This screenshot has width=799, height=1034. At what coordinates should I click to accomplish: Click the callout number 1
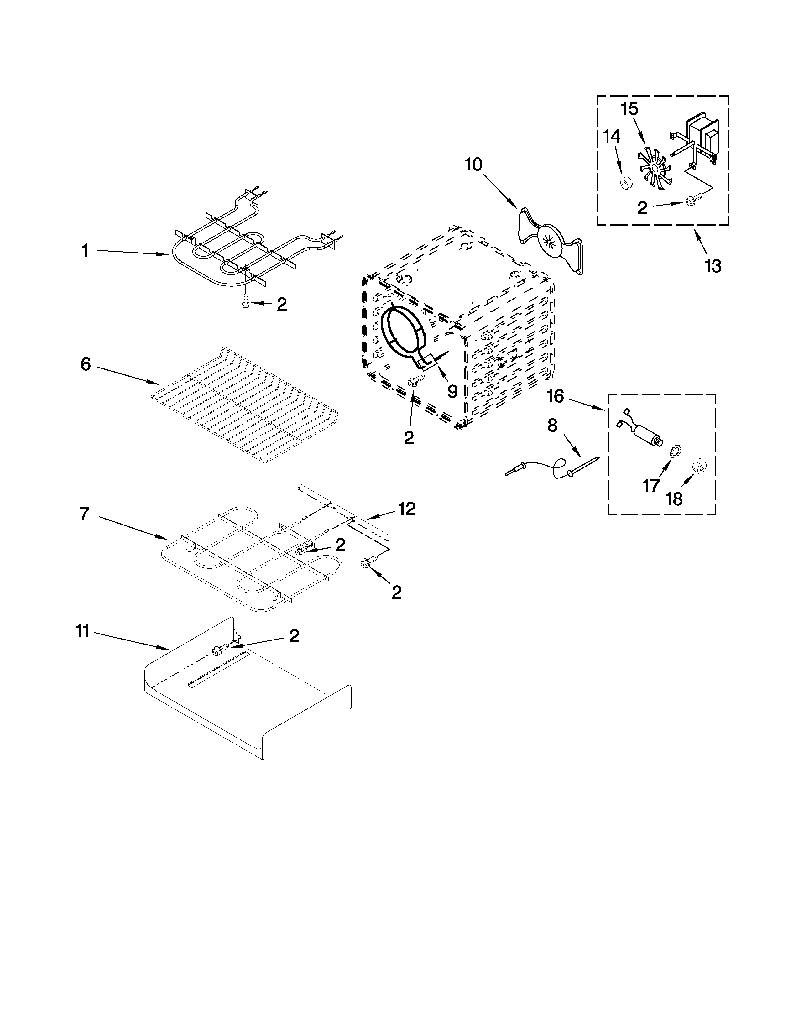pos(85,250)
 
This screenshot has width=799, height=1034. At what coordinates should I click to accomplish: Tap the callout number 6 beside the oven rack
pos(85,364)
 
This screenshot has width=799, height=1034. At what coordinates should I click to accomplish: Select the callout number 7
pos(84,514)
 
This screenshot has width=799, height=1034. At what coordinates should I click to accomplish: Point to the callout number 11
pos(83,631)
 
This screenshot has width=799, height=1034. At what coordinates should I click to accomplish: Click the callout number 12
pos(407,509)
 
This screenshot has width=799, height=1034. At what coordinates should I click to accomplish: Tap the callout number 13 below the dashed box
pos(713,266)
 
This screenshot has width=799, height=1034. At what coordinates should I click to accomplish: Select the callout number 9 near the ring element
pos(452,391)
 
